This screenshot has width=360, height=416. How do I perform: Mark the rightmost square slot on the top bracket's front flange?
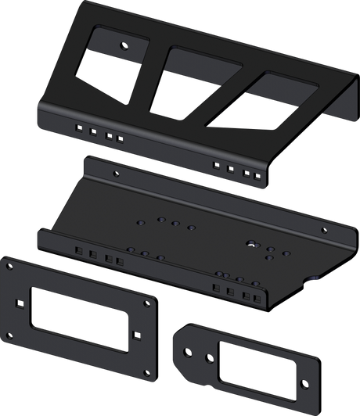(257, 176)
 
